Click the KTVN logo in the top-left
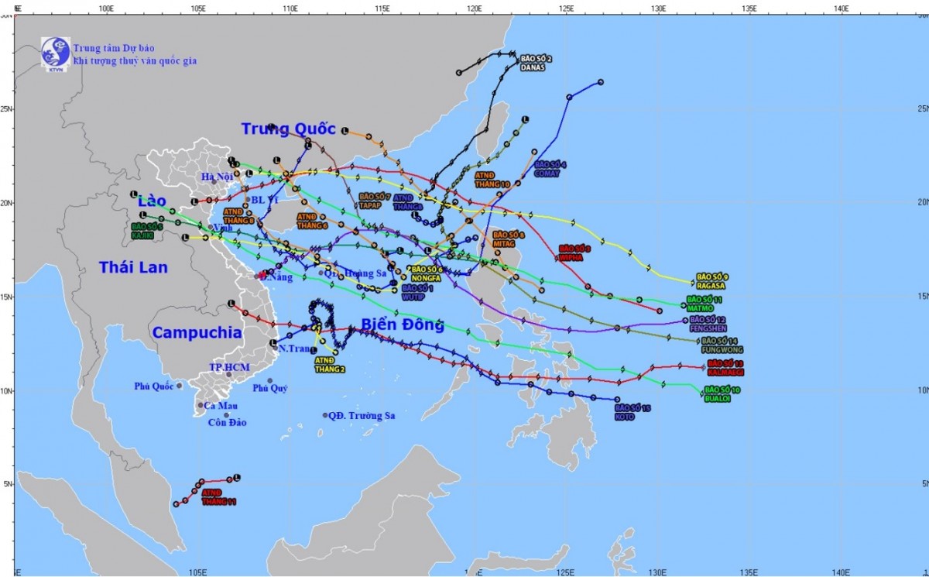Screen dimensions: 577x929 click(x=56, y=53)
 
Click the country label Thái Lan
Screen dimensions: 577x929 click(x=133, y=267)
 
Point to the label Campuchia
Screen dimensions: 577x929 click(x=197, y=333)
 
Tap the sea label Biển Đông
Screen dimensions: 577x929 click(x=403, y=325)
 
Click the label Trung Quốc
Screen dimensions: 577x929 click(x=288, y=129)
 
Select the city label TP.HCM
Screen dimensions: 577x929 click(x=226, y=366)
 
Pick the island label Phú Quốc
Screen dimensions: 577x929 click(x=154, y=386)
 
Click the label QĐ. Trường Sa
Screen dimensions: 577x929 click(x=362, y=416)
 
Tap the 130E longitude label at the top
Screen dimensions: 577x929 click(x=658, y=8)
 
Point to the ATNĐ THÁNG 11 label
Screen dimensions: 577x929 click(x=218, y=497)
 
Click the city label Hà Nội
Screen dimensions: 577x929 click(x=217, y=177)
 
